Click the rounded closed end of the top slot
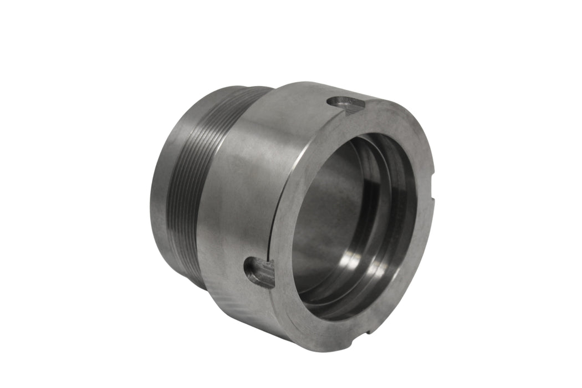click(333, 101)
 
